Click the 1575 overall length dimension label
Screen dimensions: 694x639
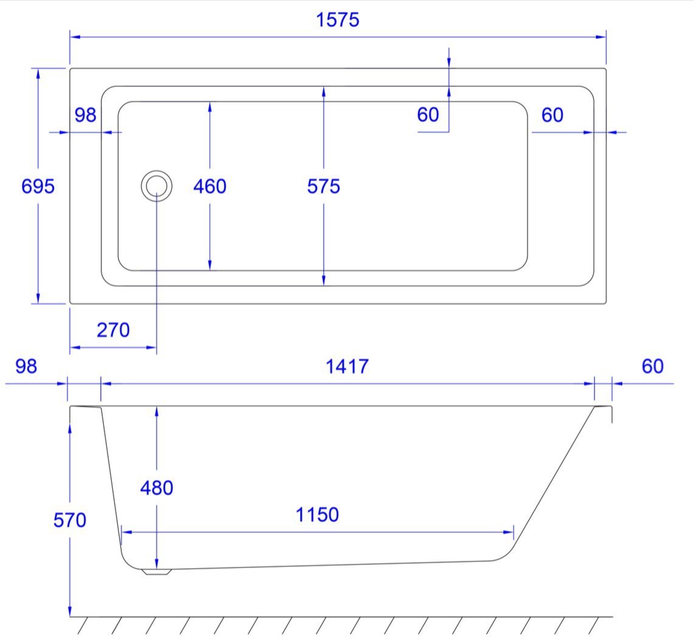tap(338, 20)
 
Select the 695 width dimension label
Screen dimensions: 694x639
tap(38, 186)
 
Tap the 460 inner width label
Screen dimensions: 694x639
tap(210, 186)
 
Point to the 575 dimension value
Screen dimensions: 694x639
tap(323, 186)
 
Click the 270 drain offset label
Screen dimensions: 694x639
tap(113, 330)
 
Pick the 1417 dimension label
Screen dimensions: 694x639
tap(347, 366)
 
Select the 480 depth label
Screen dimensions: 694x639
tap(157, 488)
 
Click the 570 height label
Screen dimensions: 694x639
tap(70, 521)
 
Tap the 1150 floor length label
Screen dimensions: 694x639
tap(317, 515)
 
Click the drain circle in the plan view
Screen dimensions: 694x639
tap(157, 171)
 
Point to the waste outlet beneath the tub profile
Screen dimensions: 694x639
tap(157, 572)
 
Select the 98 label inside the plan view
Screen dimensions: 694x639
tap(86, 115)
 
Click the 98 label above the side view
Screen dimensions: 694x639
tap(26, 366)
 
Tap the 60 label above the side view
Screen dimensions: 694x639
tap(653, 366)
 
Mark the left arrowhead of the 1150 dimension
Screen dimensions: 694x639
tap(126, 532)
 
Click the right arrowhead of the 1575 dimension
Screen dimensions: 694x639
tap(601, 36)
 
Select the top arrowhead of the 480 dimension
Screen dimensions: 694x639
tap(157, 412)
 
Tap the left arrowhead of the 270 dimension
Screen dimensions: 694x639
tap(75, 347)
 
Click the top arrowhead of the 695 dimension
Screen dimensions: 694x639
tap(38, 74)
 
